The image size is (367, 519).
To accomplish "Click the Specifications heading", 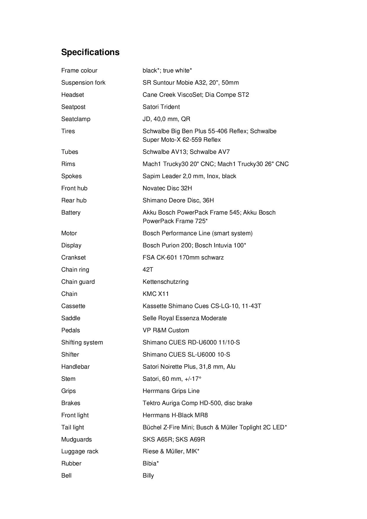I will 90,52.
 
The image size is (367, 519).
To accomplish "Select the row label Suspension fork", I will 83,83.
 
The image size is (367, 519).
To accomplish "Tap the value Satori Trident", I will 161,107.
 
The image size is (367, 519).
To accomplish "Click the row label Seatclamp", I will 76,119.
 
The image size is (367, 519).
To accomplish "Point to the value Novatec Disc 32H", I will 167,188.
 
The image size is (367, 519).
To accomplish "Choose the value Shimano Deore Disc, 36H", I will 178,200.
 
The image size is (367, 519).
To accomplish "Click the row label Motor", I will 69,233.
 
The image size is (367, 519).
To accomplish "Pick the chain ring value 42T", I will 148,270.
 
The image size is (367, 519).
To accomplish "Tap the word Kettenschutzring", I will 165,282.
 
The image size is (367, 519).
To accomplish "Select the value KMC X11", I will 156,294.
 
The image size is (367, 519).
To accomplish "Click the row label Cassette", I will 73,306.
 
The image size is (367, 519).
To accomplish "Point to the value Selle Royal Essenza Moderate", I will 185,318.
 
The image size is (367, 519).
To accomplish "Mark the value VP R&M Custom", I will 166,330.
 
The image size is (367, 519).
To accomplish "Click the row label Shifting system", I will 82,342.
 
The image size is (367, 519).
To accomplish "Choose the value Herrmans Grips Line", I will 171,391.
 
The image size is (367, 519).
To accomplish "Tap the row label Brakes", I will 71,403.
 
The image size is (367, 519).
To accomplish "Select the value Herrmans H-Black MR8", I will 175,415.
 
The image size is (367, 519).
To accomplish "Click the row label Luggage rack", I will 80,451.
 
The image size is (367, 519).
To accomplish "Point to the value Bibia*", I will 151,463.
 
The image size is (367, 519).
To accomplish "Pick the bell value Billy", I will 148,476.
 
